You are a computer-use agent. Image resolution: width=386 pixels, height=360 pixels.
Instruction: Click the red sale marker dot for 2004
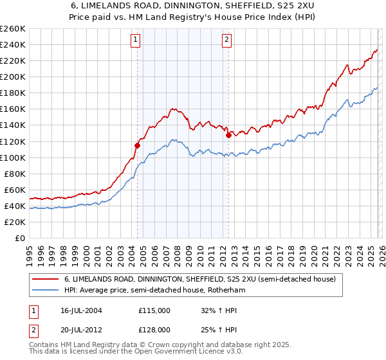(137, 145)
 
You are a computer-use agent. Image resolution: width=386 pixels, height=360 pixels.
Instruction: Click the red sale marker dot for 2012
(228, 135)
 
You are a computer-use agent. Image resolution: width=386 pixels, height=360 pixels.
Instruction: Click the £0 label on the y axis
(19, 238)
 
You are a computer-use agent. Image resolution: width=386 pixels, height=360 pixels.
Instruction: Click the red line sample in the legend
(46, 280)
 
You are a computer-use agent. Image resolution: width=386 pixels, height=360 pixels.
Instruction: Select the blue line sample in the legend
(46, 291)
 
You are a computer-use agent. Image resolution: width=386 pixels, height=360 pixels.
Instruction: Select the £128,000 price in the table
(154, 329)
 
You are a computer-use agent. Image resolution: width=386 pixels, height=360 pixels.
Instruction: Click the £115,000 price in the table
(154, 310)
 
